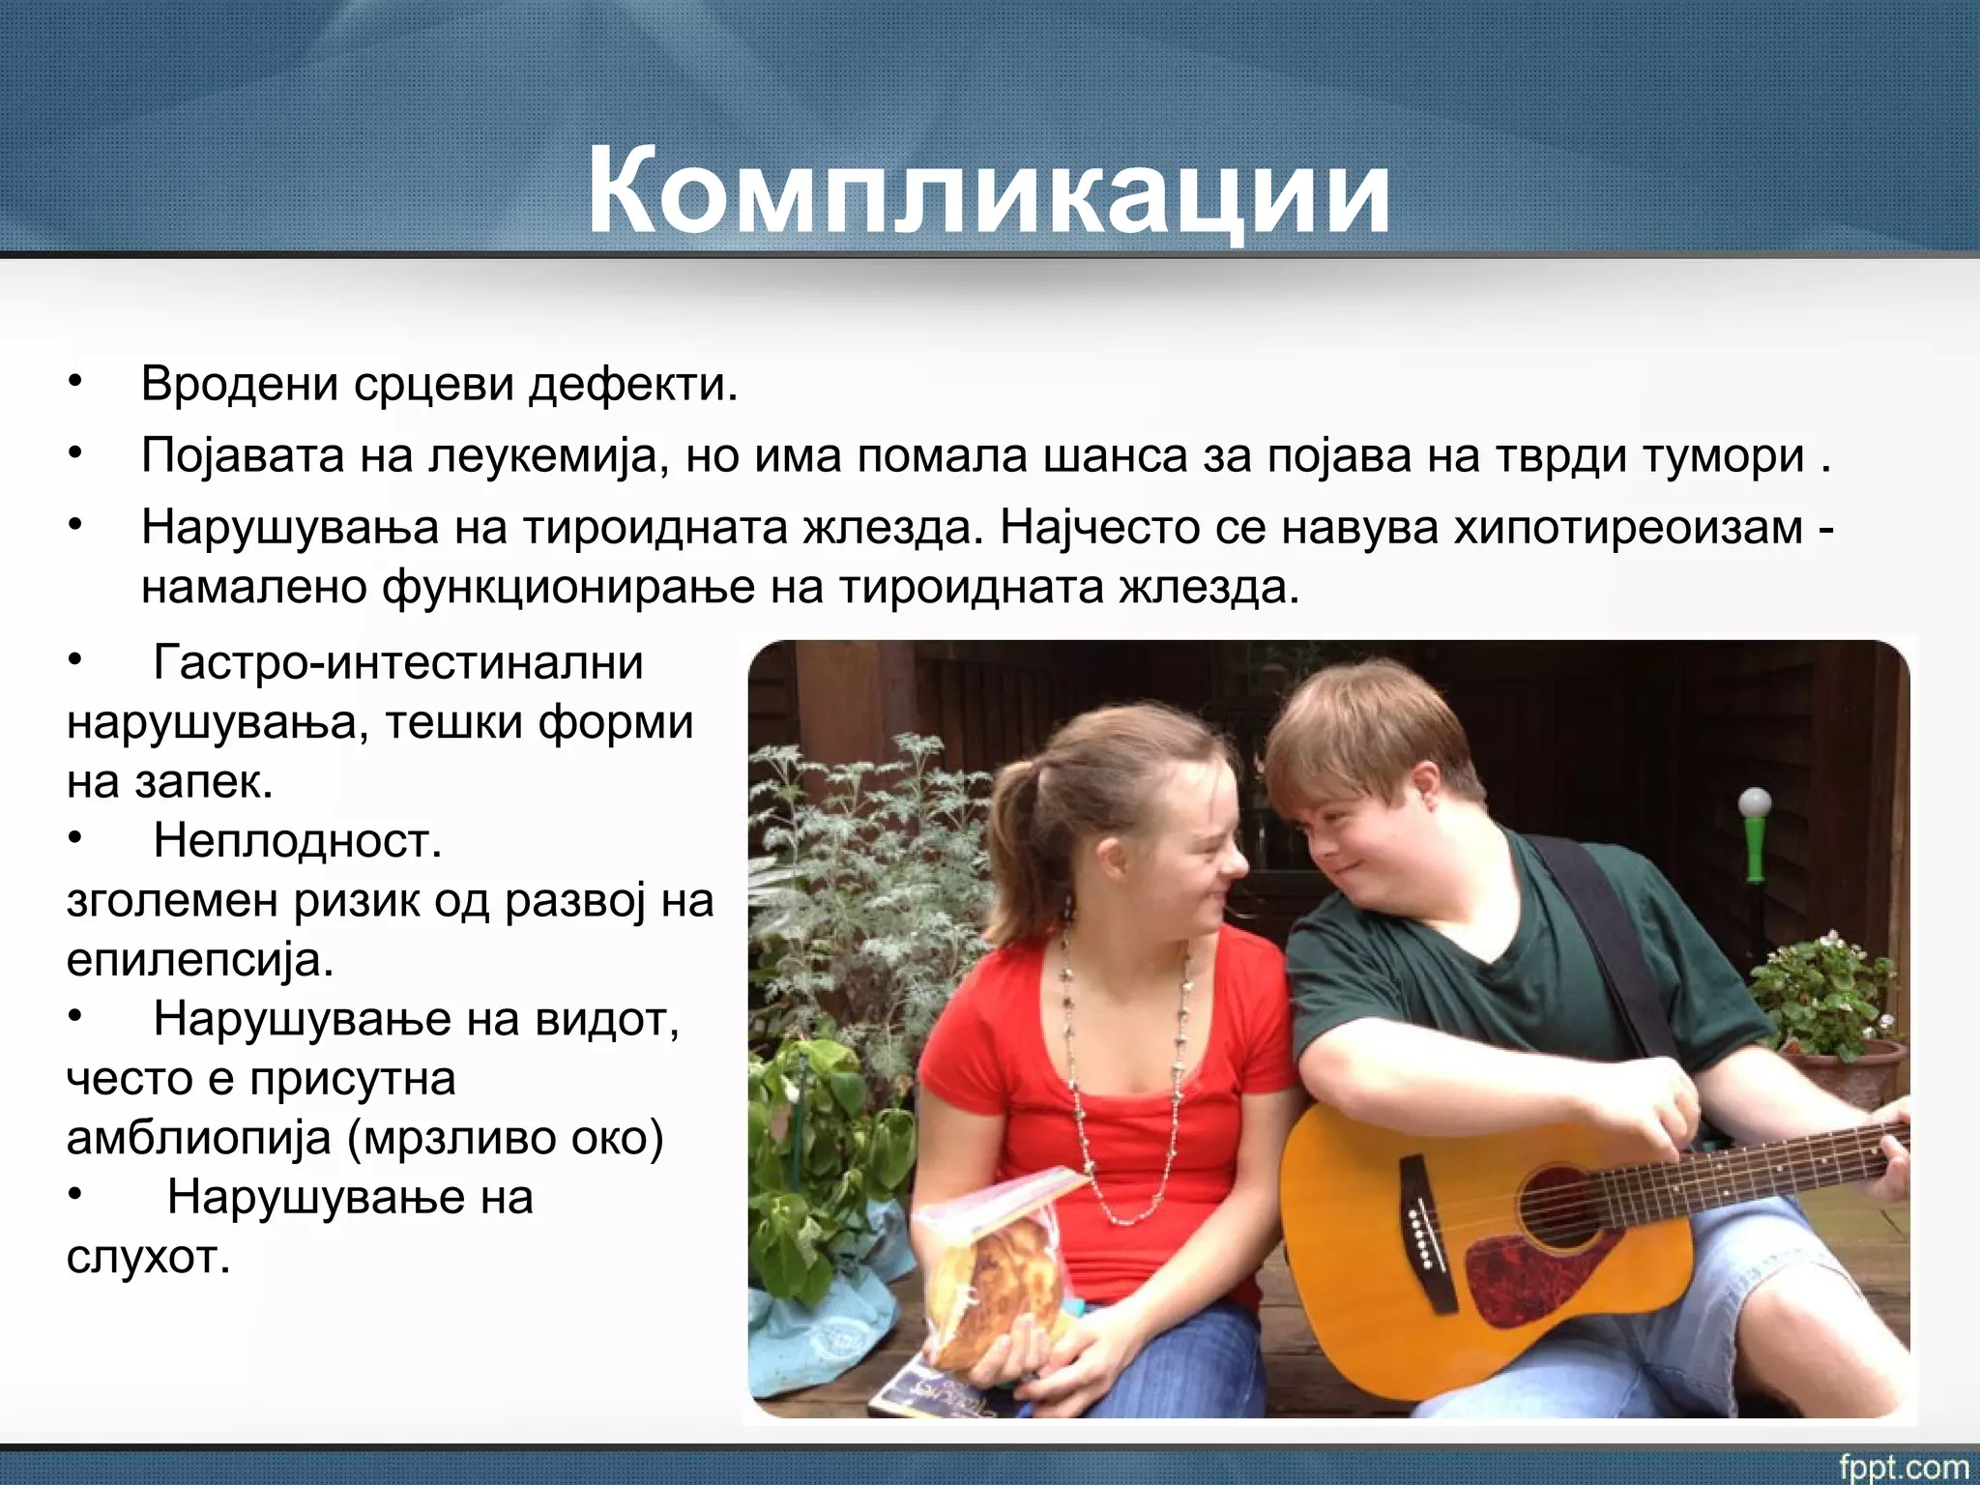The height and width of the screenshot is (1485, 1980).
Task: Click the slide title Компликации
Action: (x=988, y=190)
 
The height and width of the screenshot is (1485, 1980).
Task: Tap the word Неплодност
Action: (x=297, y=841)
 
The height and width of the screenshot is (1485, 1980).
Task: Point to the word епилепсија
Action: (x=199, y=960)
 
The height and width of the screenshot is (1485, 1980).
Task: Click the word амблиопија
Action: (x=198, y=1138)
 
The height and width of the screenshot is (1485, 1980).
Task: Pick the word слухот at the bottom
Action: (x=148, y=1257)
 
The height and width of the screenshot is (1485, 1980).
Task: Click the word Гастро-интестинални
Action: (x=397, y=663)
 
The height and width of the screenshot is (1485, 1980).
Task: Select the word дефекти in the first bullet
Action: (x=632, y=385)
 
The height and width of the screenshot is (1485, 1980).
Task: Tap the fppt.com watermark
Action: (x=1903, y=1466)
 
